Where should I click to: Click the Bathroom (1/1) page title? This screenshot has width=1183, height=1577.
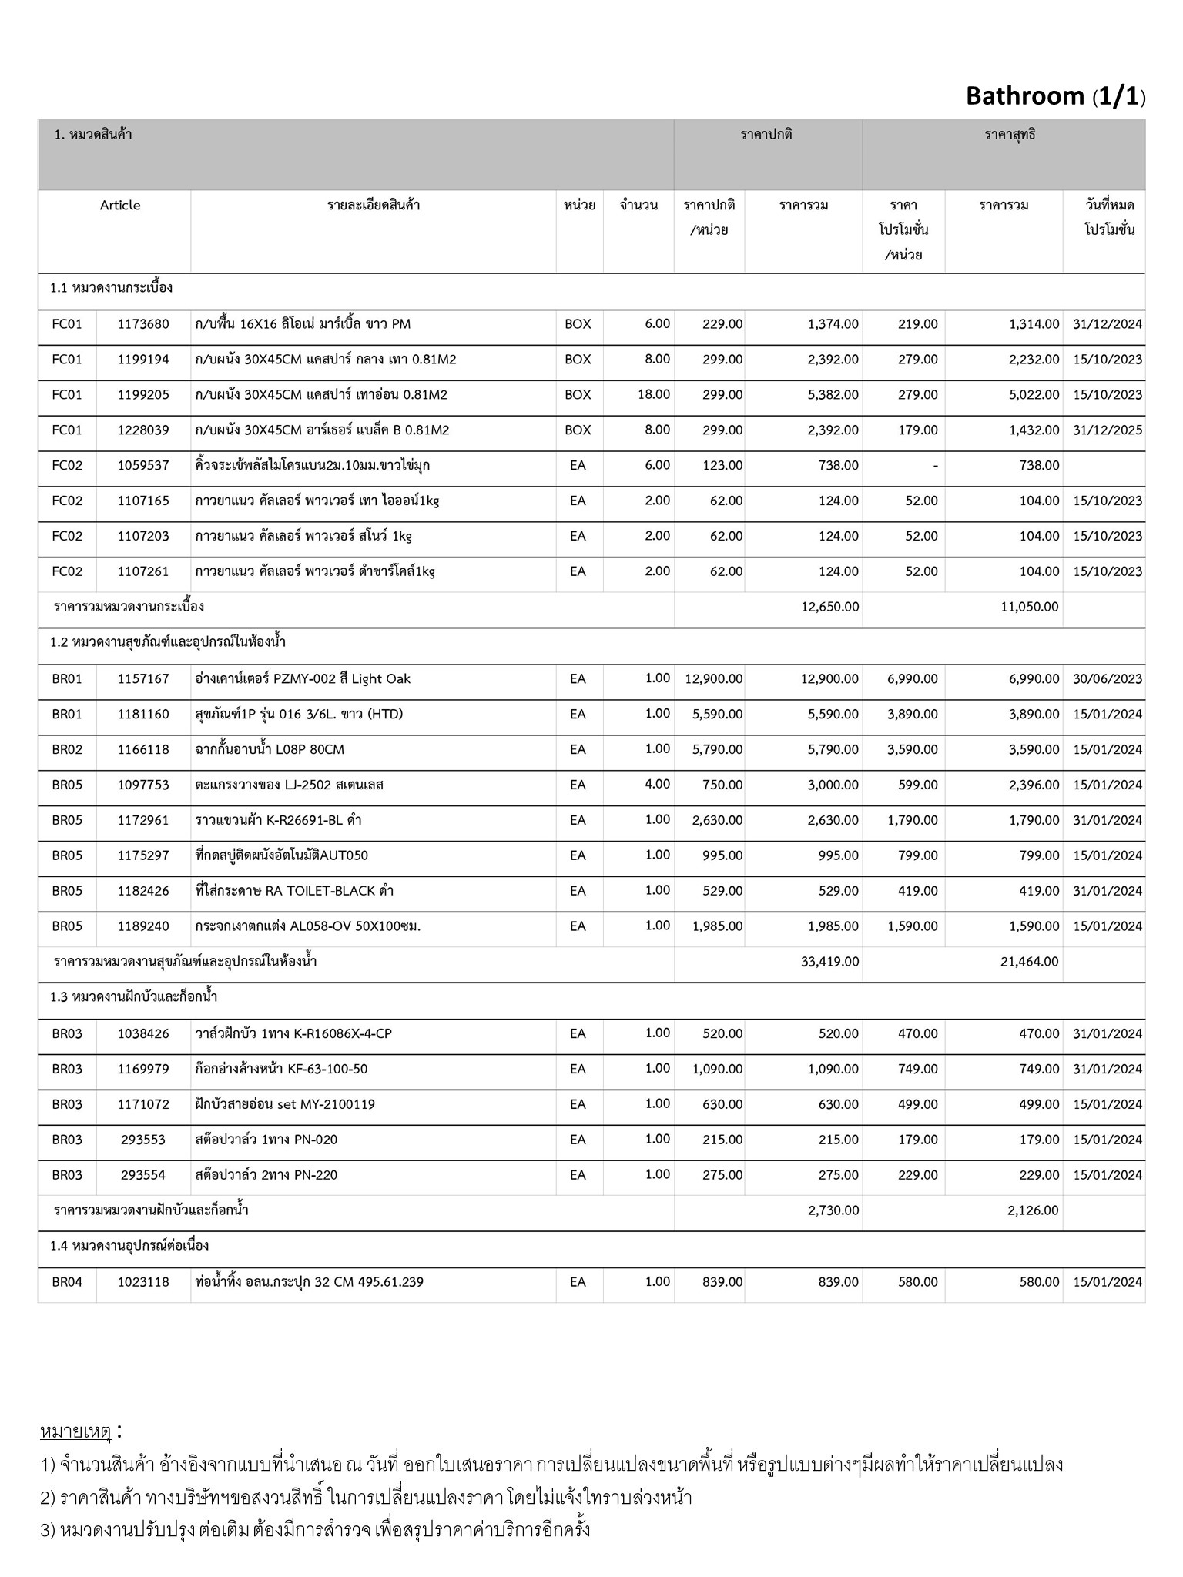(1055, 96)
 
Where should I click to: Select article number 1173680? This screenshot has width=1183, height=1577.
(143, 324)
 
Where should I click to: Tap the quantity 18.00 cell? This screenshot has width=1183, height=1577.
(653, 394)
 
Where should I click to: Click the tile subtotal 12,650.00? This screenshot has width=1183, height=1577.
(829, 607)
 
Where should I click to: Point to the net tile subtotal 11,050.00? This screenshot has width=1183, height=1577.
(1030, 607)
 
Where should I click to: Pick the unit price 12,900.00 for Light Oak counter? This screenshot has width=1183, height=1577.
(713, 678)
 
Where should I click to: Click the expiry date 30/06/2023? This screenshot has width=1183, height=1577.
(1107, 678)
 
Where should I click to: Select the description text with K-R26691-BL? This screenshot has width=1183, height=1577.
(278, 820)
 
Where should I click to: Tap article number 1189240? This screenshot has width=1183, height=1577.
(143, 926)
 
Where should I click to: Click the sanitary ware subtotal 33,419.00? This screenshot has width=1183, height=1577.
(829, 962)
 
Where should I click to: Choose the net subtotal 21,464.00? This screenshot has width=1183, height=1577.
(1029, 962)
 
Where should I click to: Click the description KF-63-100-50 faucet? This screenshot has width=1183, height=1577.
(281, 1069)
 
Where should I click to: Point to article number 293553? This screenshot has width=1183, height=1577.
(143, 1140)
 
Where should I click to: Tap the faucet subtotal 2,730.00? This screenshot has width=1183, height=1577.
(833, 1210)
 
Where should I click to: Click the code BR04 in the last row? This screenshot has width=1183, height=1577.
(67, 1282)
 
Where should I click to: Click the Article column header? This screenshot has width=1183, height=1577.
(120, 205)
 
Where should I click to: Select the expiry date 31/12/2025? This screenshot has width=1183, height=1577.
(1107, 430)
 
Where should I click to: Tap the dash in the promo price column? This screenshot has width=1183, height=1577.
(934, 466)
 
